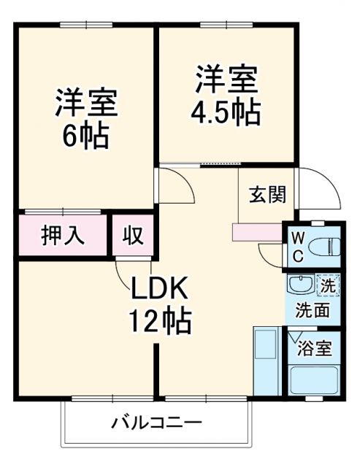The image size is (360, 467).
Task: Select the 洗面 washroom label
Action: (312, 309)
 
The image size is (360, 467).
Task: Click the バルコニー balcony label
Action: (156, 422)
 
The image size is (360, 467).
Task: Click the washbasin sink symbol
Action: (300, 285)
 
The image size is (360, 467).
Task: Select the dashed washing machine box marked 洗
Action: (328, 285)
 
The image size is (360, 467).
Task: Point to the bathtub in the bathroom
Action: (313, 380)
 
